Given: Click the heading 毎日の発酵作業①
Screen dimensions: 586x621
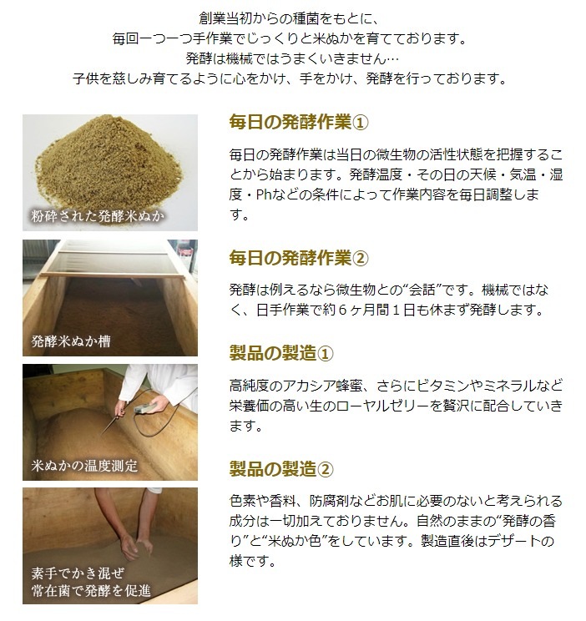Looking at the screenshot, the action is (x=299, y=122).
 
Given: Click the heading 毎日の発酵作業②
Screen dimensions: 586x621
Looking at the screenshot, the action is (x=299, y=258).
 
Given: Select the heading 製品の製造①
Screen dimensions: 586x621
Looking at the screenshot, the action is (x=281, y=353).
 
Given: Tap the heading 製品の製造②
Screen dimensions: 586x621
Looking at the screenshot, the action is (x=281, y=469).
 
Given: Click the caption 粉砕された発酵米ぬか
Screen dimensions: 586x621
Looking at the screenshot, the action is (x=98, y=216).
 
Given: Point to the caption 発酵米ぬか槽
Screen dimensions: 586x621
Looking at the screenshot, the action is (x=71, y=341).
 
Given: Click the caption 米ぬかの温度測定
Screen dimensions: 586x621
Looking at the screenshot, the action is (x=84, y=466).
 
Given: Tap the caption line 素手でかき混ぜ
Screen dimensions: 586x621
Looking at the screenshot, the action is (x=78, y=573).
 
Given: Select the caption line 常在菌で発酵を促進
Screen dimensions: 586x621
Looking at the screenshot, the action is (x=91, y=590).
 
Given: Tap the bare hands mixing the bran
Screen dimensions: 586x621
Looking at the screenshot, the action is (x=135, y=547).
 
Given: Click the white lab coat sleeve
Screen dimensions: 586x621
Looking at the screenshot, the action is (x=159, y=384).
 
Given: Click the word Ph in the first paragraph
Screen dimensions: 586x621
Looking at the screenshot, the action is (x=263, y=194).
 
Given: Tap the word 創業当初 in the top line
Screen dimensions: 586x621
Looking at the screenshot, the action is (x=219, y=18).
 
